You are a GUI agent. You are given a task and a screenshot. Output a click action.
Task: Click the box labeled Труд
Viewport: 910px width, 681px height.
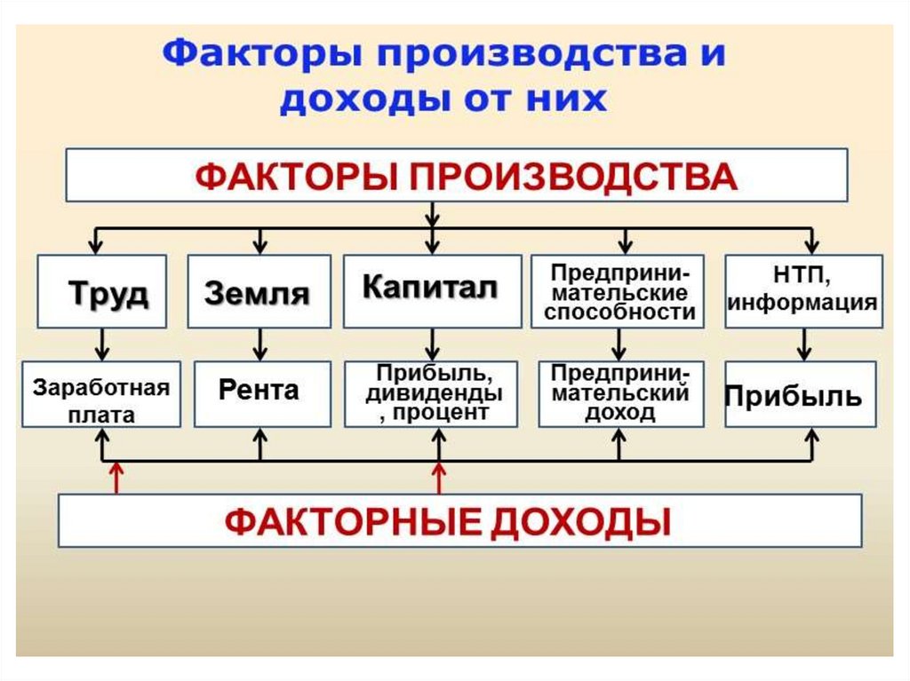click(102, 292)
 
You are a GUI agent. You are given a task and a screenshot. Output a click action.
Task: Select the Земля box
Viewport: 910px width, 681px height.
click(259, 292)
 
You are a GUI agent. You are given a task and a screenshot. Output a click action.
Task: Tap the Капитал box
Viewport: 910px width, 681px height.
click(432, 290)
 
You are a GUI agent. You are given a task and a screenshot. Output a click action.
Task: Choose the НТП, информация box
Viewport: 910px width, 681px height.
click(803, 291)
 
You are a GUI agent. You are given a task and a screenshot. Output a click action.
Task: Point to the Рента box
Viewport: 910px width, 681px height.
click(259, 392)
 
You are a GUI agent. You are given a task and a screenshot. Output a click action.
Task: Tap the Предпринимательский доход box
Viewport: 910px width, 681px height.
click(620, 393)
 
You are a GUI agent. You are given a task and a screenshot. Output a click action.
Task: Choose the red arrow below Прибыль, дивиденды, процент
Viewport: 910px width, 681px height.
click(438, 479)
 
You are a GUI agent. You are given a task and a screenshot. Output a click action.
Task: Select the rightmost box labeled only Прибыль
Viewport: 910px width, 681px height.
click(800, 395)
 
